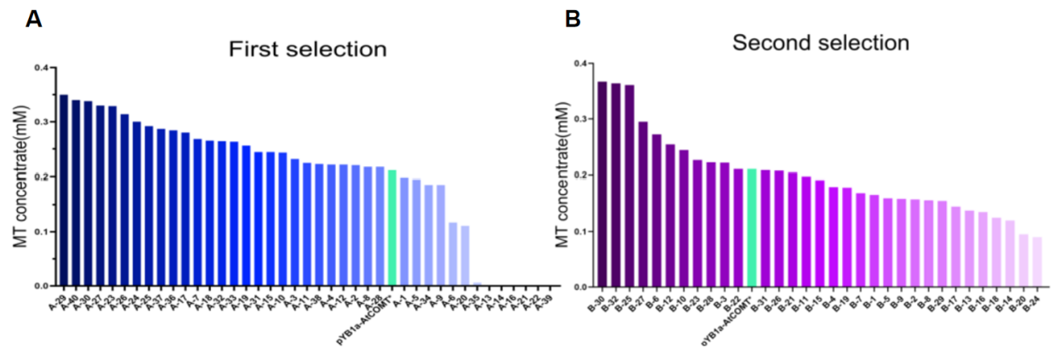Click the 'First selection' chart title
[307, 49]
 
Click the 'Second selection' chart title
[821, 43]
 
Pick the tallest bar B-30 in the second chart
[602, 184]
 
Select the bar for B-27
[643, 204]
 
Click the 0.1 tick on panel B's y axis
[580, 231]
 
